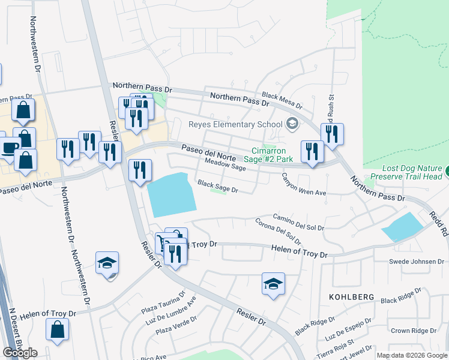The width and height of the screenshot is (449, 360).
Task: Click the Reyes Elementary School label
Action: click(235, 124)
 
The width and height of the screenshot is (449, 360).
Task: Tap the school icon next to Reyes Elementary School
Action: click(292, 124)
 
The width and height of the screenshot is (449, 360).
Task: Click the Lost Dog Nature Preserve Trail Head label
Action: click(406, 173)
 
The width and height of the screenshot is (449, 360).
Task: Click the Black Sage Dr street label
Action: click(218, 187)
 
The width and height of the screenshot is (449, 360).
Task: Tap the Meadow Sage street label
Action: click(225, 164)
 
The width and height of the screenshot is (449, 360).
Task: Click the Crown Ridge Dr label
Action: click(414, 331)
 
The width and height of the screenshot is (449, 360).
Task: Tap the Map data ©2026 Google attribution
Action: click(412, 355)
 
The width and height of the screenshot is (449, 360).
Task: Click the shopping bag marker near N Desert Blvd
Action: click(57, 329)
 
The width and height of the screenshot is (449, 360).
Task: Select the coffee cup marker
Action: click(8, 146)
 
